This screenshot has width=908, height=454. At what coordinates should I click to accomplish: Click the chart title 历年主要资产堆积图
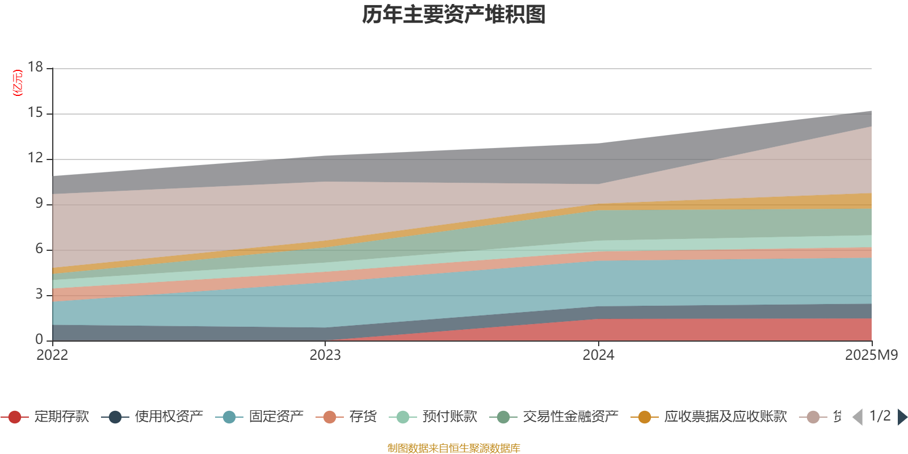point(454,15)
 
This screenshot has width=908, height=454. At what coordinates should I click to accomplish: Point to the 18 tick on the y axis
point(35,68)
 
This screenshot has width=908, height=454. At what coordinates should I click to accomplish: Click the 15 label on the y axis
point(35,113)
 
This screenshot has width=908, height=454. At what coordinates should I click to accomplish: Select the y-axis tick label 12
point(35,158)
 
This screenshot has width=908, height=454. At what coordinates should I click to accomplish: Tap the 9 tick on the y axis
point(39,204)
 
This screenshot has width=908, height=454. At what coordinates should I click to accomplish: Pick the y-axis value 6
point(39,249)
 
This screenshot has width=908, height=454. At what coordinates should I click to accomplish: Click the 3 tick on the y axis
point(39,295)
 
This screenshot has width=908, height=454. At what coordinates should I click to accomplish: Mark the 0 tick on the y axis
point(39,340)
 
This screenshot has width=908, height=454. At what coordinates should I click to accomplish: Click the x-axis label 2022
point(52,355)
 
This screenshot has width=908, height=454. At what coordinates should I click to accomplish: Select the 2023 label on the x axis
point(325,355)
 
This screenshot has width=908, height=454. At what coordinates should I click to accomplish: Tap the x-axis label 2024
point(598,355)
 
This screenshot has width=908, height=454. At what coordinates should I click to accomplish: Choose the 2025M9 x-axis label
point(871,355)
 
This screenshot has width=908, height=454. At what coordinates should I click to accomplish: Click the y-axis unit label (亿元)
point(18,83)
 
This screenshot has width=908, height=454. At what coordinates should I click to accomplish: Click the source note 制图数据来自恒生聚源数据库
point(453,448)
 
